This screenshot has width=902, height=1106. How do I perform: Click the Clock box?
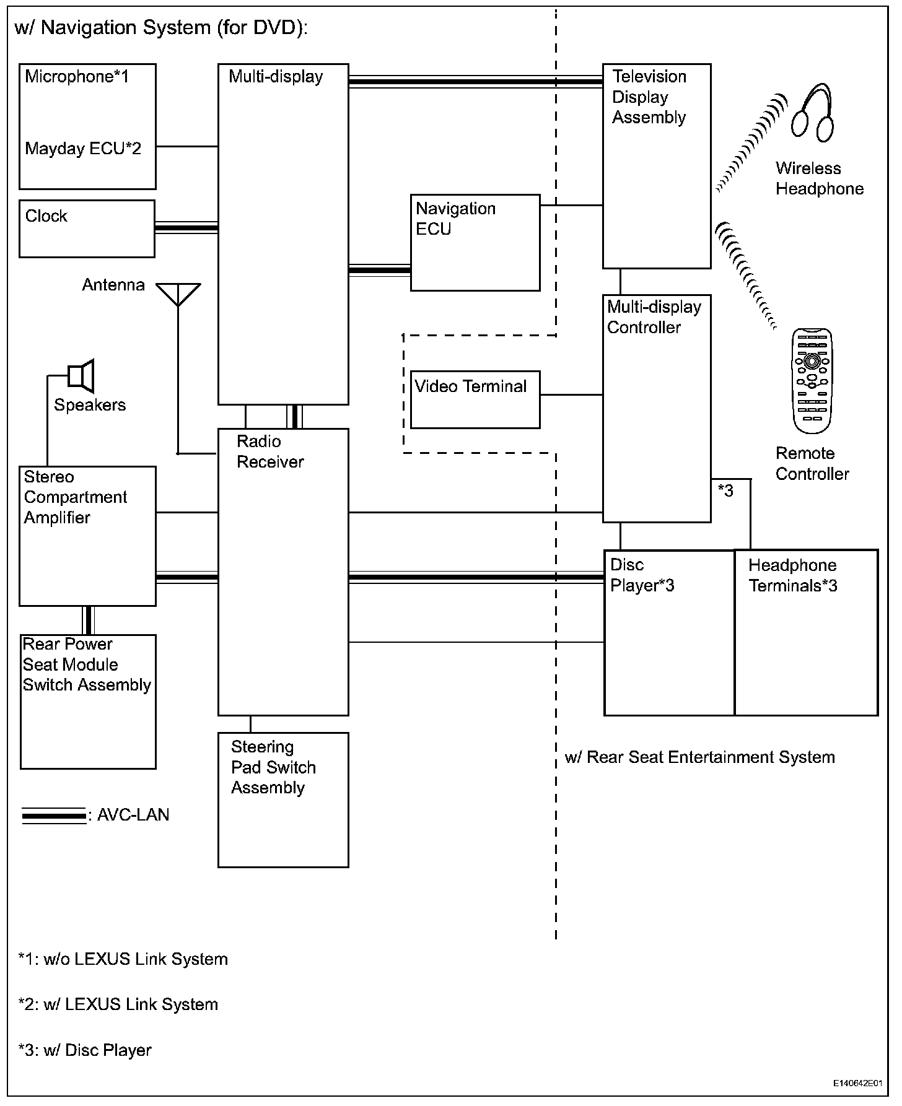[x=87, y=229]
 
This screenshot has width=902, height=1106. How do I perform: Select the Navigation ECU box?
[x=475, y=243]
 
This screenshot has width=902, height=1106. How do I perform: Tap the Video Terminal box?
[x=475, y=399]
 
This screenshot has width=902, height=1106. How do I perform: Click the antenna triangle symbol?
[x=178, y=293]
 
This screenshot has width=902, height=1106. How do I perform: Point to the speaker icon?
[x=81, y=375]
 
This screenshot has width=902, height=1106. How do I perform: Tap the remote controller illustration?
[x=812, y=381]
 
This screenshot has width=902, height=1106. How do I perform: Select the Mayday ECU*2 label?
[x=83, y=149]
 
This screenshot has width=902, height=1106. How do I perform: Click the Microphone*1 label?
[x=77, y=77]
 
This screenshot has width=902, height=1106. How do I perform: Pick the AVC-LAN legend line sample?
[x=54, y=816]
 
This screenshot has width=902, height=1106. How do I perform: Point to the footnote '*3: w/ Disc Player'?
[x=85, y=1050]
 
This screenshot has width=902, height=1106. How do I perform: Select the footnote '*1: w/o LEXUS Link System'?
[x=123, y=959]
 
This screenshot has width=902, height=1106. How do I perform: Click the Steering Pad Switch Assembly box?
[x=283, y=799]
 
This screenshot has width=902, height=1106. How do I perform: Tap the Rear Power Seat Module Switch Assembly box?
[x=88, y=702]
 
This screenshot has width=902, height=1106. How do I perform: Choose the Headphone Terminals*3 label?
[x=792, y=575]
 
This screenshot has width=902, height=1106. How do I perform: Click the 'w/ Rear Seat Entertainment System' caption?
[x=699, y=757]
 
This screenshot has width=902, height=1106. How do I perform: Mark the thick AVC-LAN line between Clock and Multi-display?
[x=186, y=228]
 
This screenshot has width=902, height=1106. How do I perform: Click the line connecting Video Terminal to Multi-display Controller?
[x=571, y=394]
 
